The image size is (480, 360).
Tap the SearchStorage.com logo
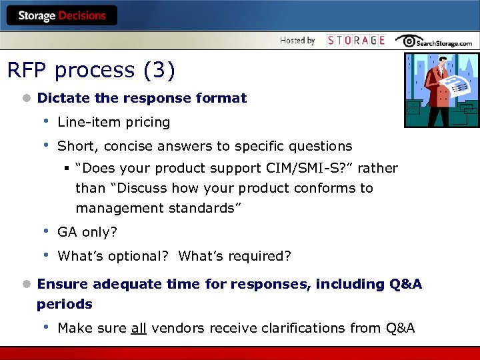(x=434, y=41)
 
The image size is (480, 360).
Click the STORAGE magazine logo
(x=356, y=41)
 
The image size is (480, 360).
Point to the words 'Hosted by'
(x=297, y=41)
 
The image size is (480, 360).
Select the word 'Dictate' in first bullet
(x=64, y=98)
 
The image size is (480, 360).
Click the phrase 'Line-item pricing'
(x=113, y=122)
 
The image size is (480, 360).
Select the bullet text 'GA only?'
(x=87, y=232)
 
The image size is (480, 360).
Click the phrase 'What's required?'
(x=235, y=256)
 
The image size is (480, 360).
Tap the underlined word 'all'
(x=139, y=328)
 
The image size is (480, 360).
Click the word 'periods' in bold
(x=65, y=304)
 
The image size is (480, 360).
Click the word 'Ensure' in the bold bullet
(x=63, y=284)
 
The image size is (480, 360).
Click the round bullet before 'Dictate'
(x=26, y=98)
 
